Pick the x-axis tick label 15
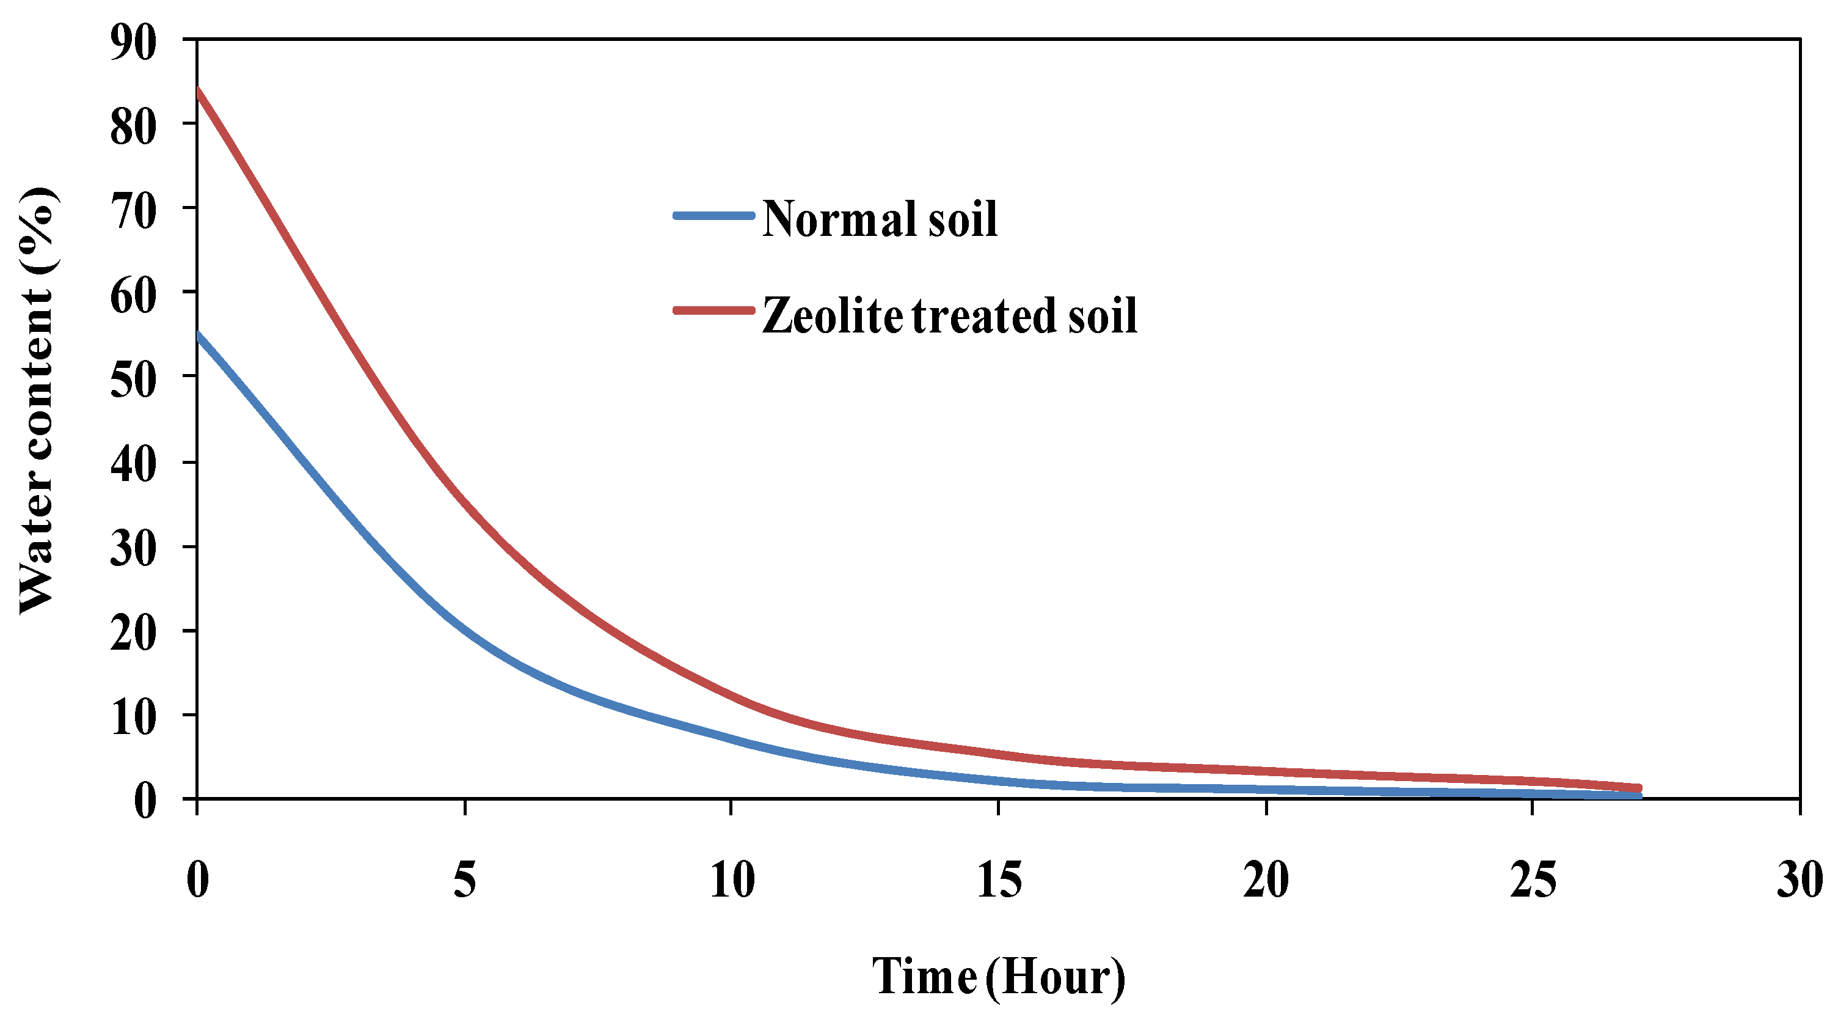pos(999,880)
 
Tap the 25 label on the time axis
pos(1533,880)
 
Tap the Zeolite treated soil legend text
pos(950,315)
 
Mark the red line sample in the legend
pos(713,310)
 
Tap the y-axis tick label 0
pos(144,801)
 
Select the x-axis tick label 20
pos(1266,880)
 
